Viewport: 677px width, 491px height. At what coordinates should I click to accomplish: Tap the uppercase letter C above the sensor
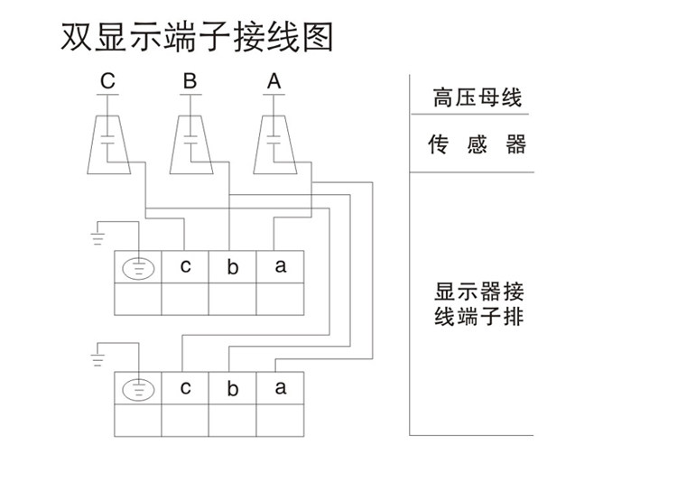(x=107, y=82)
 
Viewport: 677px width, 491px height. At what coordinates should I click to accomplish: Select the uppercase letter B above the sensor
(x=190, y=82)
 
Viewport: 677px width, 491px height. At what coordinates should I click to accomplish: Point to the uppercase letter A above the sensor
(x=274, y=82)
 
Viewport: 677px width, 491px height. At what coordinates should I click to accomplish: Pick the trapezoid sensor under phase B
(x=190, y=143)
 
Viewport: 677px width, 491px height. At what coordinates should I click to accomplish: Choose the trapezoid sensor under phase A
(x=275, y=143)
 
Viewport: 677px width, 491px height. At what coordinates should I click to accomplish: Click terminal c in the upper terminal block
(x=185, y=266)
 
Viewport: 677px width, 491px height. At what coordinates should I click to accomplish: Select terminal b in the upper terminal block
(x=232, y=268)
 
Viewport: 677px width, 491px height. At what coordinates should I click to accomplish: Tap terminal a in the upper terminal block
(x=280, y=266)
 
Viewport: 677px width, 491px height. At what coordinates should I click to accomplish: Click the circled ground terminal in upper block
(x=138, y=268)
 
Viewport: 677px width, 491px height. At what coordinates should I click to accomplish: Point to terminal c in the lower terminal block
(x=185, y=388)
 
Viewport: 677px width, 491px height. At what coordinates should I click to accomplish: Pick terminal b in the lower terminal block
(x=232, y=390)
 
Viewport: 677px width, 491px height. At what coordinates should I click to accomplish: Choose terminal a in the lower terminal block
(x=280, y=388)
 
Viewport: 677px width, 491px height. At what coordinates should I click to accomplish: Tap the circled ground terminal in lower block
(x=138, y=390)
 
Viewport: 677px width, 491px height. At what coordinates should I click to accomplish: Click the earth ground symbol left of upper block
(x=97, y=238)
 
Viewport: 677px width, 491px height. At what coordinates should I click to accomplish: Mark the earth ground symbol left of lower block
(x=97, y=360)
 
